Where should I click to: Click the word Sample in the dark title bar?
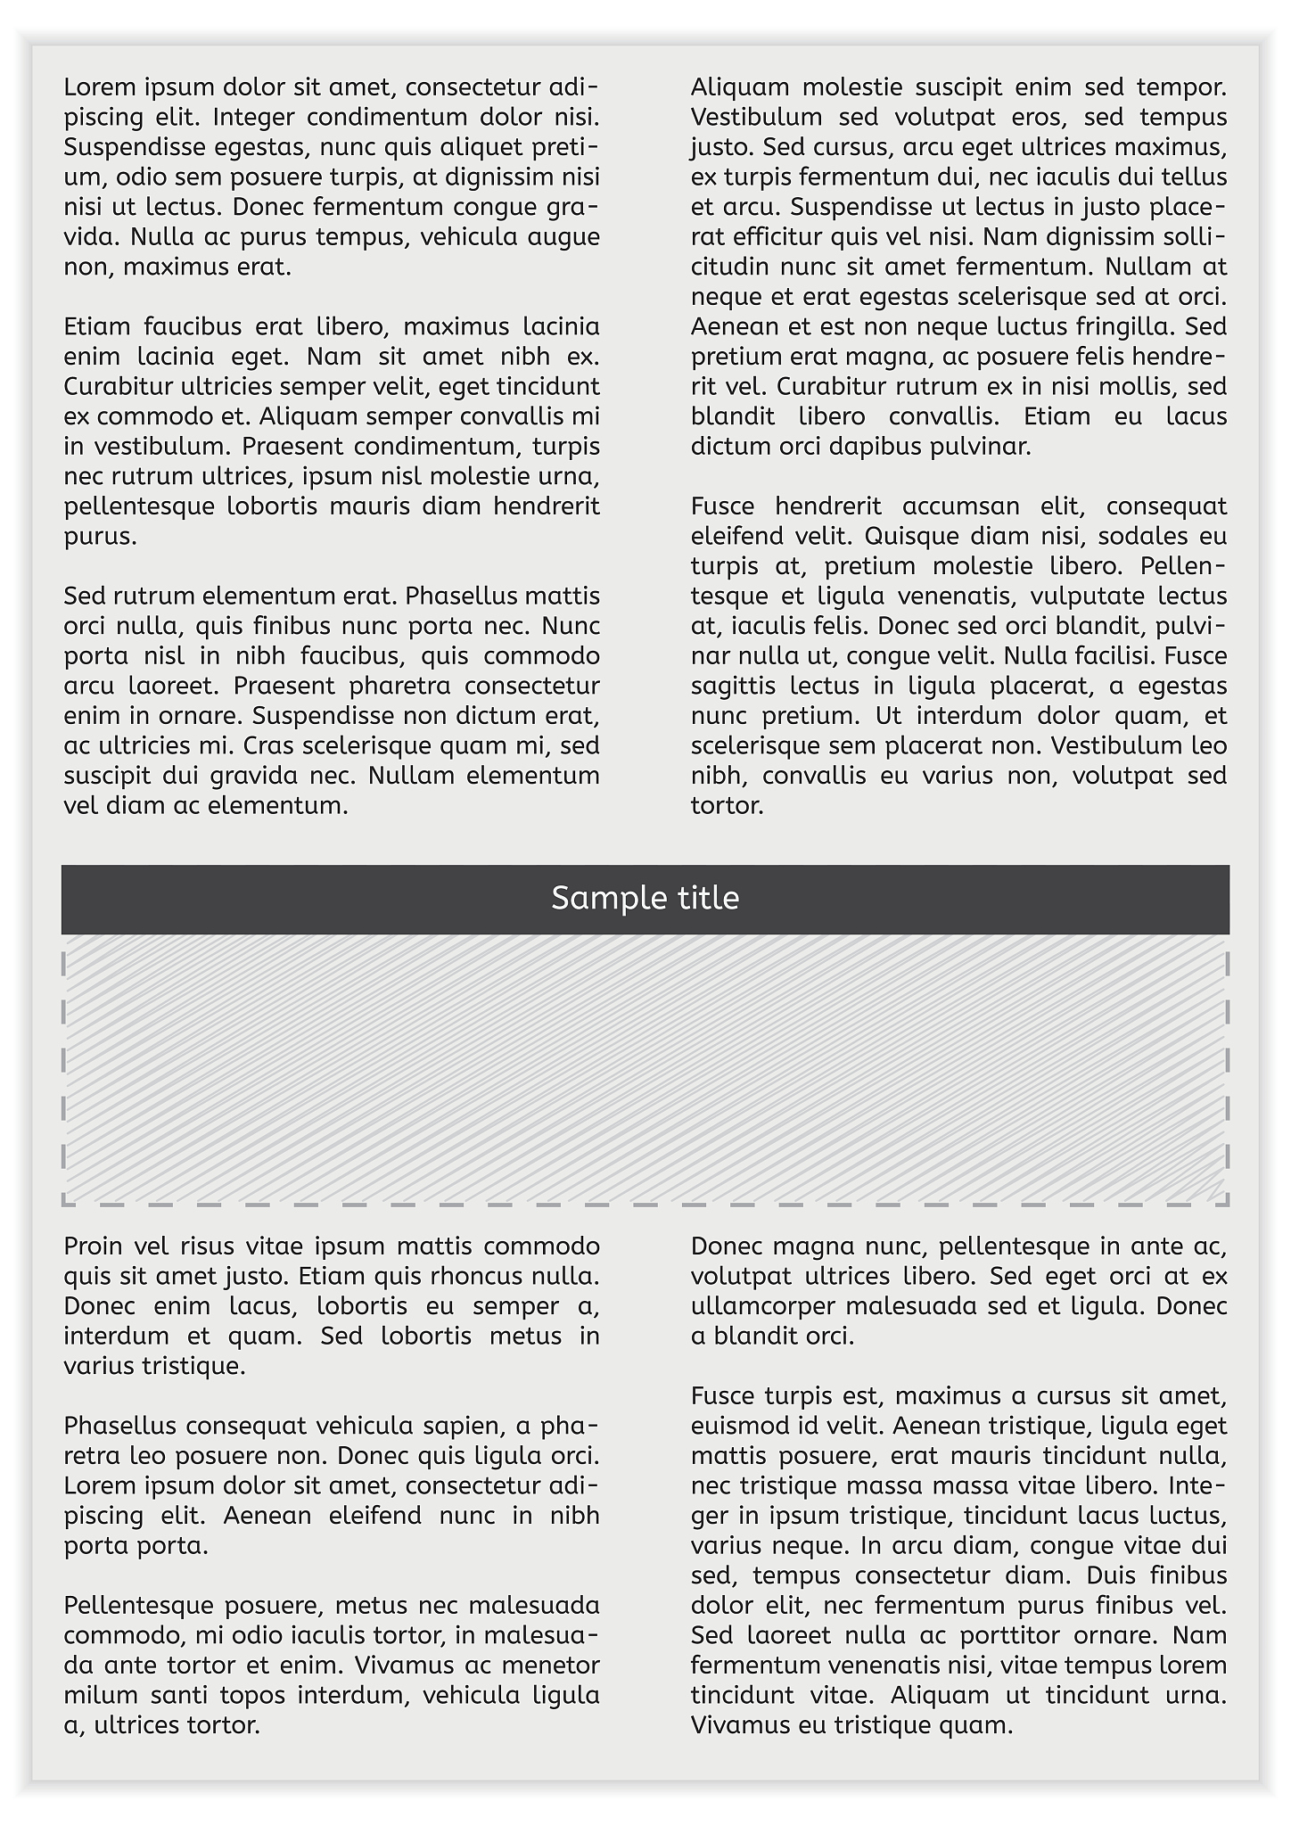coord(594,899)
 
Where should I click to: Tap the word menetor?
coord(549,1666)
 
